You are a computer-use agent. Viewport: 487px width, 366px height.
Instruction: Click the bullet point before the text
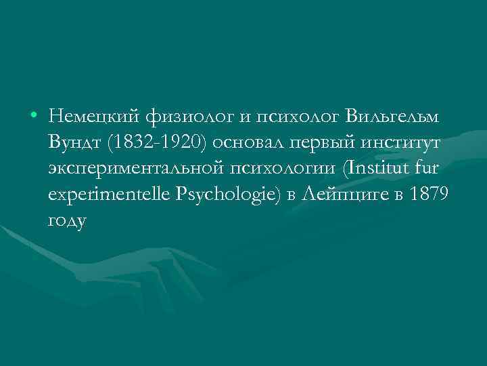click(x=33, y=117)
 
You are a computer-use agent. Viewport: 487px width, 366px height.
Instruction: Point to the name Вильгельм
click(x=392, y=117)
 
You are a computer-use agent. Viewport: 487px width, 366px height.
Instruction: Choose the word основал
click(x=245, y=144)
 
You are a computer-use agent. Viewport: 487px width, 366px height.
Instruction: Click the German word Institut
click(x=379, y=169)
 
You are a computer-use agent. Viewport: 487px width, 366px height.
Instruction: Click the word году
click(x=68, y=222)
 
